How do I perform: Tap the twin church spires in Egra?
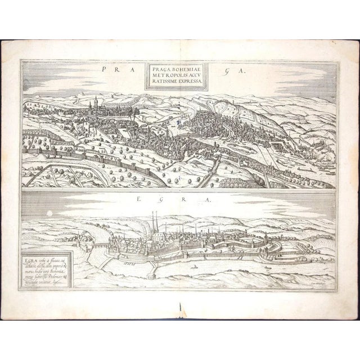pos(154,225)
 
